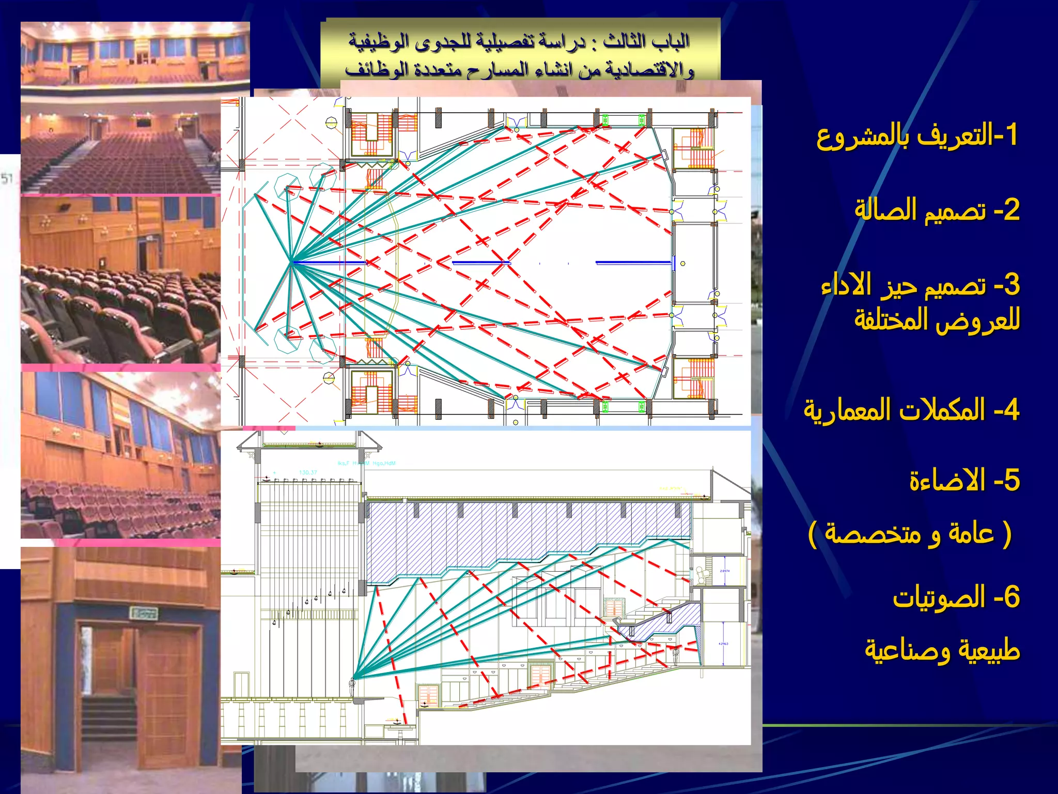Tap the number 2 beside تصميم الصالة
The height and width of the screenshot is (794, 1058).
1012,210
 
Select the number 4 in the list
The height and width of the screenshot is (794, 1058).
1011,410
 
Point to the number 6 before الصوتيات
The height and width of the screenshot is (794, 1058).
1012,597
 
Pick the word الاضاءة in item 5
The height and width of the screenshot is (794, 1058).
947,481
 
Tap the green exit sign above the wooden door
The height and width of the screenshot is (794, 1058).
145,613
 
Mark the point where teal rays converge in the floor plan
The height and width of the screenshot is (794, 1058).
292,262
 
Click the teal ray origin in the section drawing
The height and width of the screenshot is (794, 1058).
354,678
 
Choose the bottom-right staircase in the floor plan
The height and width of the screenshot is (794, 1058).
694,379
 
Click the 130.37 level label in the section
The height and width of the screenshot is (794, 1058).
308,472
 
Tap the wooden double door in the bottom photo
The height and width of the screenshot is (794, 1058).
139,688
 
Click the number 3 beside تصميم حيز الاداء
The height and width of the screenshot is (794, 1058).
1012,285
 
